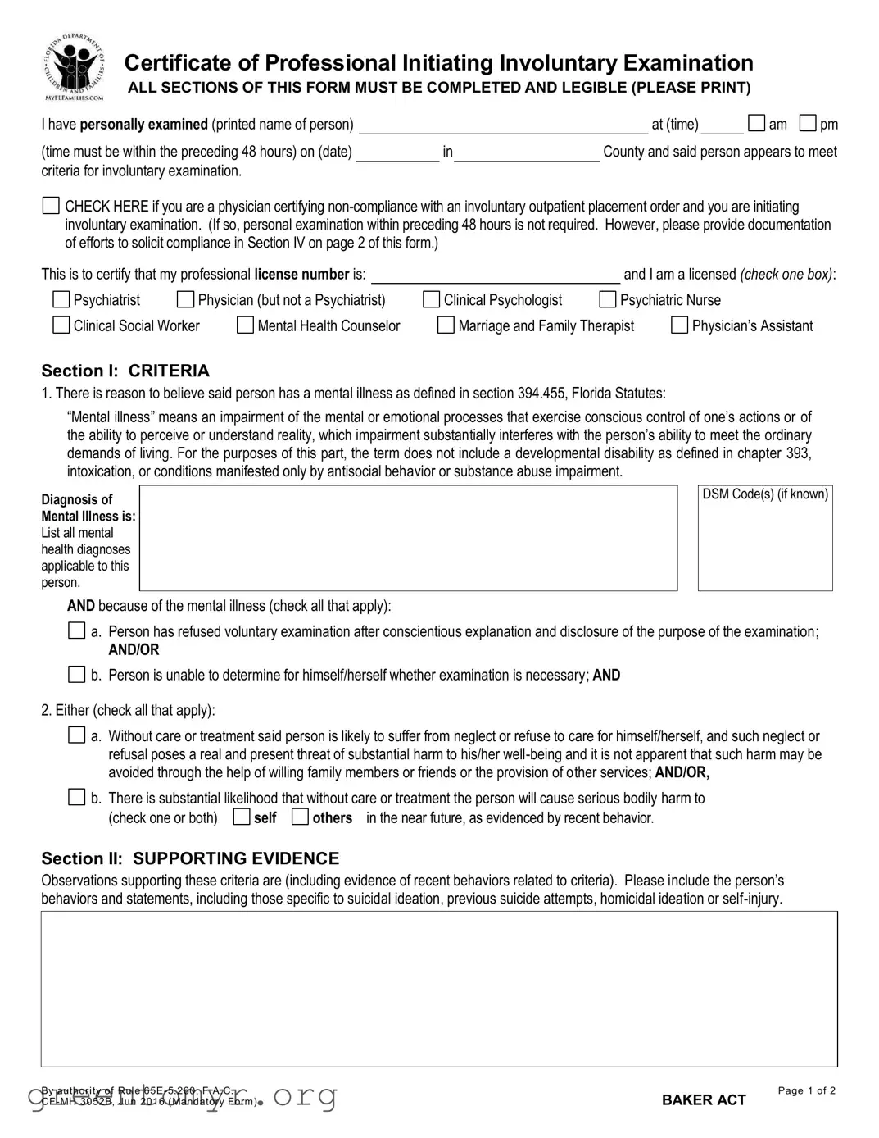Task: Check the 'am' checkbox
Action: [x=757, y=124]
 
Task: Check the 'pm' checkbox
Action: [x=808, y=124]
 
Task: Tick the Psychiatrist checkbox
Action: [x=61, y=300]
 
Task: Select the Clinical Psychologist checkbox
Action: [x=431, y=300]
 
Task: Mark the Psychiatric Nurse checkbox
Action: [x=607, y=300]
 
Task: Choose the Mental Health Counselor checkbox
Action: [x=245, y=325]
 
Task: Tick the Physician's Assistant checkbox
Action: [x=679, y=325]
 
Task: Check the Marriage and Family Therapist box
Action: [x=446, y=325]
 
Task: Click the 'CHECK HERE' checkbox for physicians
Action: [x=51, y=206]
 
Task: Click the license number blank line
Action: [x=496, y=275]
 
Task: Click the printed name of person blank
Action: [x=503, y=125]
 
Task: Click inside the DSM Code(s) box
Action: [x=764, y=545]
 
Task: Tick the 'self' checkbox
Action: [x=242, y=817]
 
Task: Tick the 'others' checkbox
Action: [x=300, y=817]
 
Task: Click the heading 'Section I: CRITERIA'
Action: [x=125, y=371]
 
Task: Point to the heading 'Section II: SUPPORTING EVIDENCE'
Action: [x=190, y=858]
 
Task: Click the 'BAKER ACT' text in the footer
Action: [x=704, y=1100]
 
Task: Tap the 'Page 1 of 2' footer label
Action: [x=806, y=1090]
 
